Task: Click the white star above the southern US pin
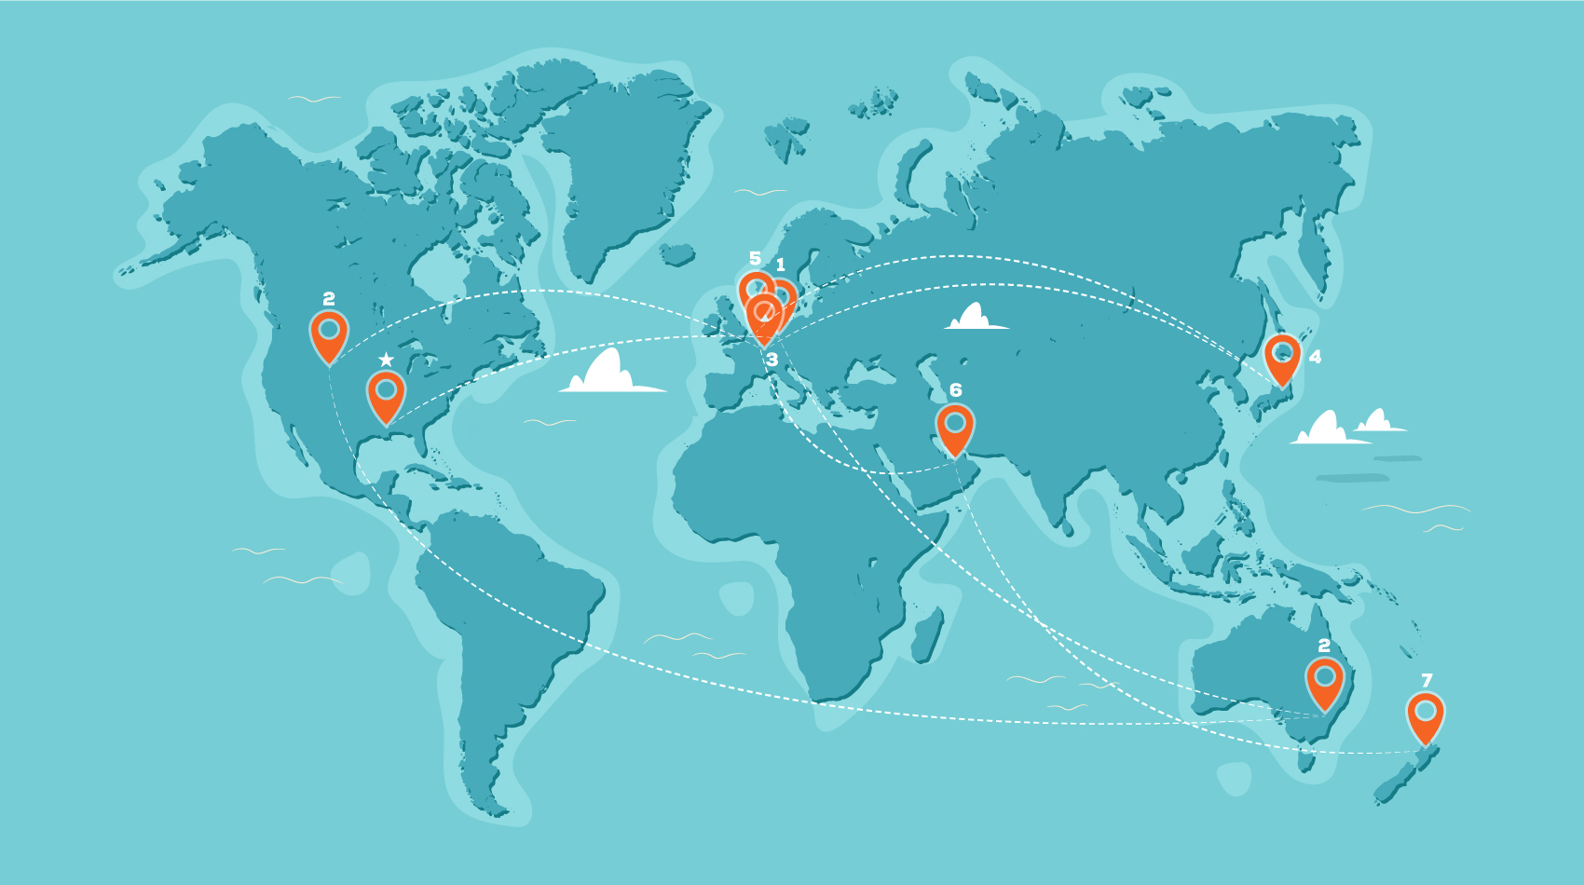point(386,360)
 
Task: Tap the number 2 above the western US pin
point(329,299)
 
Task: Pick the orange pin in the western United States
point(329,334)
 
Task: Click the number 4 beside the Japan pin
point(1315,357)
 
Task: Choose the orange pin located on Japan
point(1283,358)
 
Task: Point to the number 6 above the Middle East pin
point(955,390)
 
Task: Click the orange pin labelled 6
point(955,428)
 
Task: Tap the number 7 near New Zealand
point(1427,680)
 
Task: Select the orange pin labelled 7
point(1426,715)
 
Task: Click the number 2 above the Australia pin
point(1324,646)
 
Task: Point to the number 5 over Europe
point(755,258)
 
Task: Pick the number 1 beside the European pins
point(781,265)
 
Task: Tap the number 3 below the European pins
point(772,360)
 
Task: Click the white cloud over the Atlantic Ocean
point(610,374)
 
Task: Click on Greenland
point(624,168)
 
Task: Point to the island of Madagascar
point(928,633)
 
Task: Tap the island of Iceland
point(677,253)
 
